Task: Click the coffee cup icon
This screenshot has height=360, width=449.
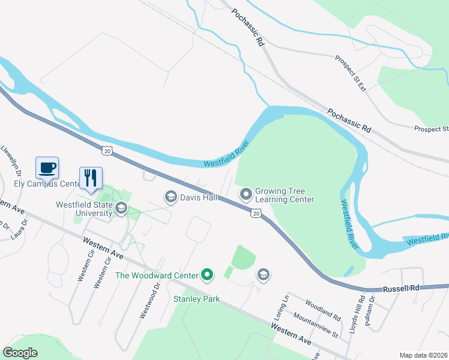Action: point(47,167)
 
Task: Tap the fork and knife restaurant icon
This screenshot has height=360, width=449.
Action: point(91,178)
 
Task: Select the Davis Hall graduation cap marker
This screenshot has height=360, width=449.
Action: point(170,197)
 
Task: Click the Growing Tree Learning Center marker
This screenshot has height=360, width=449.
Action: point(246,194)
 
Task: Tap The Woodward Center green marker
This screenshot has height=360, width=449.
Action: point(207,275)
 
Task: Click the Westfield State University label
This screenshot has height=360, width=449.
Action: point(84,208)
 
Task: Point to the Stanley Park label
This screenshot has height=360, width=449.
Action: point(196,298)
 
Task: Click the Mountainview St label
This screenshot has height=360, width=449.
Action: point(317,323)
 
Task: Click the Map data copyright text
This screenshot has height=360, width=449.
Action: point(423,355)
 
